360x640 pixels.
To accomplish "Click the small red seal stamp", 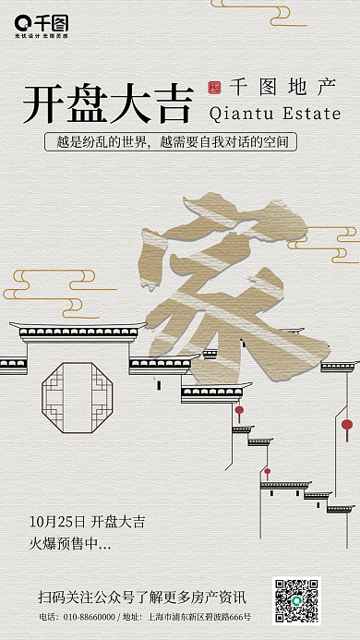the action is (x=215, y=89).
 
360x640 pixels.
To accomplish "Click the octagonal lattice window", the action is (x=77, y=398).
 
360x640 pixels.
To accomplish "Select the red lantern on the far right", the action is (x=347, y=425).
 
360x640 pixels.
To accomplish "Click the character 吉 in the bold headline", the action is (x=171, y=103).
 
